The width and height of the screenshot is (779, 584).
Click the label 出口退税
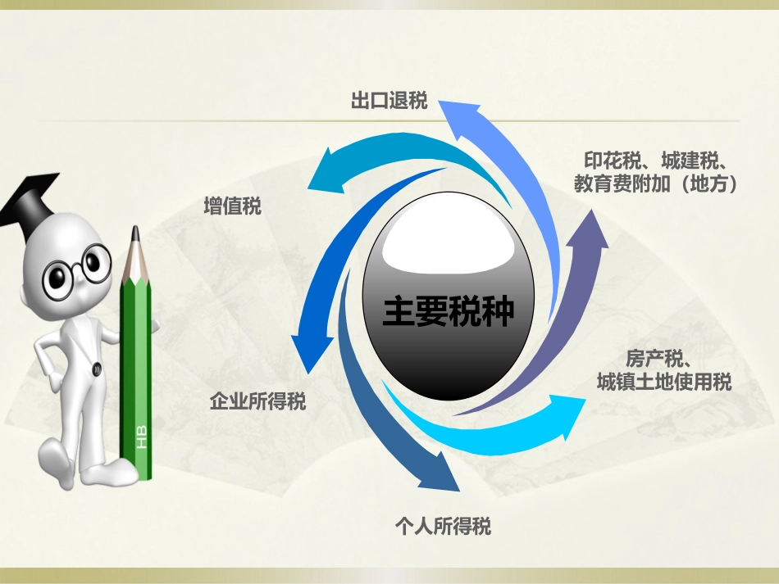click(x=389, y=102)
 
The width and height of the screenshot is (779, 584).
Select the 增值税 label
click(x=232, y=206)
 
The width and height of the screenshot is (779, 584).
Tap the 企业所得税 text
click(x=257, y=401)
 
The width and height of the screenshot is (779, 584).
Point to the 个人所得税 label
click(x=443, y=526)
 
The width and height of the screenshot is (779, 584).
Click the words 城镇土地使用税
click(x=664, y=382)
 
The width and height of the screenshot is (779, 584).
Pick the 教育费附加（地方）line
click(x=656, y=184)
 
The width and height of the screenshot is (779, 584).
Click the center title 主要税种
click(x=448, y=313)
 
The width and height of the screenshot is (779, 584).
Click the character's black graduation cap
click(x=30, y=201)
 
